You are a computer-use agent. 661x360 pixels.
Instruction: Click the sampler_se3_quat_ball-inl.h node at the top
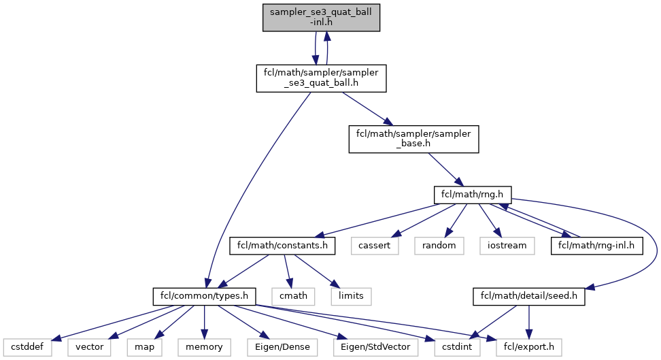tap(321, 16)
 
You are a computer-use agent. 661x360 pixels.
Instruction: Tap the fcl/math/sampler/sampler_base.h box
tap(413, 139)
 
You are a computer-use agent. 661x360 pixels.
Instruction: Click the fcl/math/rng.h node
tap(467, 195)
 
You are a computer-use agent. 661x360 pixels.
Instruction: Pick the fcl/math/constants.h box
tap(283, 245)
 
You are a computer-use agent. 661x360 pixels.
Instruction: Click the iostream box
tap(507, 245)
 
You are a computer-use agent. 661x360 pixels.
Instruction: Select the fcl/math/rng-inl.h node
tap(596, 245)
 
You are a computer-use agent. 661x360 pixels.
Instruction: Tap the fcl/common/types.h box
tap(204, 296)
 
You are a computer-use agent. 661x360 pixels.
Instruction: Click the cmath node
tap(293, 296)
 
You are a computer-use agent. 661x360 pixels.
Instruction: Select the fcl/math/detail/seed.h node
tap(528, 296)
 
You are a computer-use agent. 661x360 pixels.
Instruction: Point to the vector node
tap(88, 347)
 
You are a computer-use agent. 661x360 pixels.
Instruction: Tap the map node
tap(143, 347)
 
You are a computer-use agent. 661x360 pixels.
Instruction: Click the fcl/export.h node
tap(528, 347)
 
